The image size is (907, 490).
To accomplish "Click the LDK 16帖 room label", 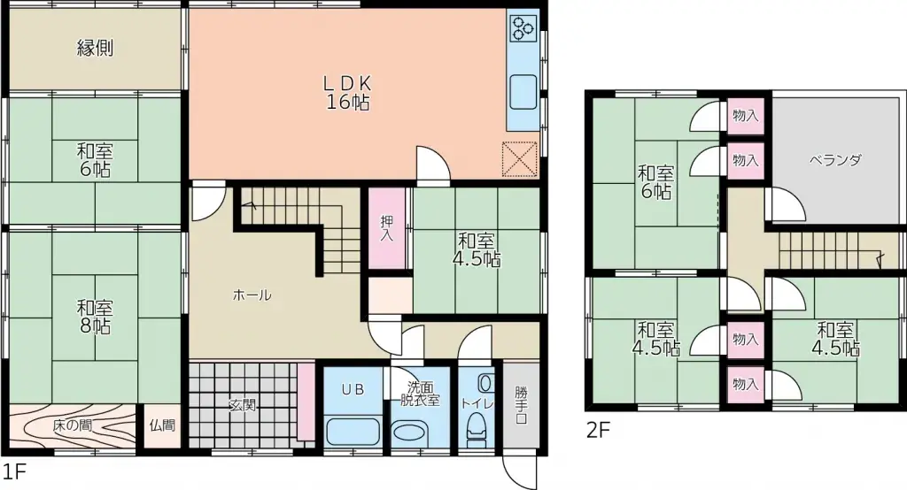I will pos(346,91).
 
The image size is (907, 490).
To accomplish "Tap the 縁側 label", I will pos(95,49).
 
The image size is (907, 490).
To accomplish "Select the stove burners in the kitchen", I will pos(522,30).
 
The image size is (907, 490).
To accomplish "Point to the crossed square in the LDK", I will pos(520,158).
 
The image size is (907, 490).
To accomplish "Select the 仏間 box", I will pos(162,425).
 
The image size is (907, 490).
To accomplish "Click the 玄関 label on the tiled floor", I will pos(242,406).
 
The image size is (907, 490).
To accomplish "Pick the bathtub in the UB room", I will pos(353,432).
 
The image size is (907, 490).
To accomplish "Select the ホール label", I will pos(252,295).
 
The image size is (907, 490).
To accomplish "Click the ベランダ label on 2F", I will pos(834,160).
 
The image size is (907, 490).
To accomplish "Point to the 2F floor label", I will pos(598,432).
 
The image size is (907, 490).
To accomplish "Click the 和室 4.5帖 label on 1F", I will pos(477,249).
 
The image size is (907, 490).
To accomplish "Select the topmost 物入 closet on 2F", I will pos(745,115).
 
